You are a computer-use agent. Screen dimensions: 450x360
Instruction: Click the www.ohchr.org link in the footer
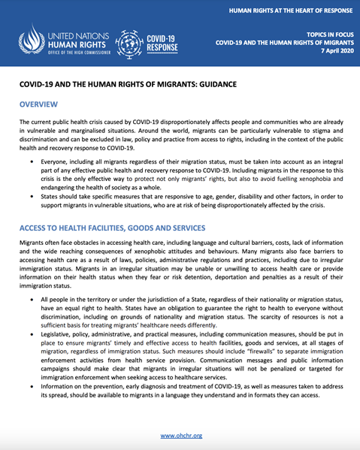pos(180,435)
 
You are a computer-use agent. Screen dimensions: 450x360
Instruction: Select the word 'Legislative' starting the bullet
pos(59,330)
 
